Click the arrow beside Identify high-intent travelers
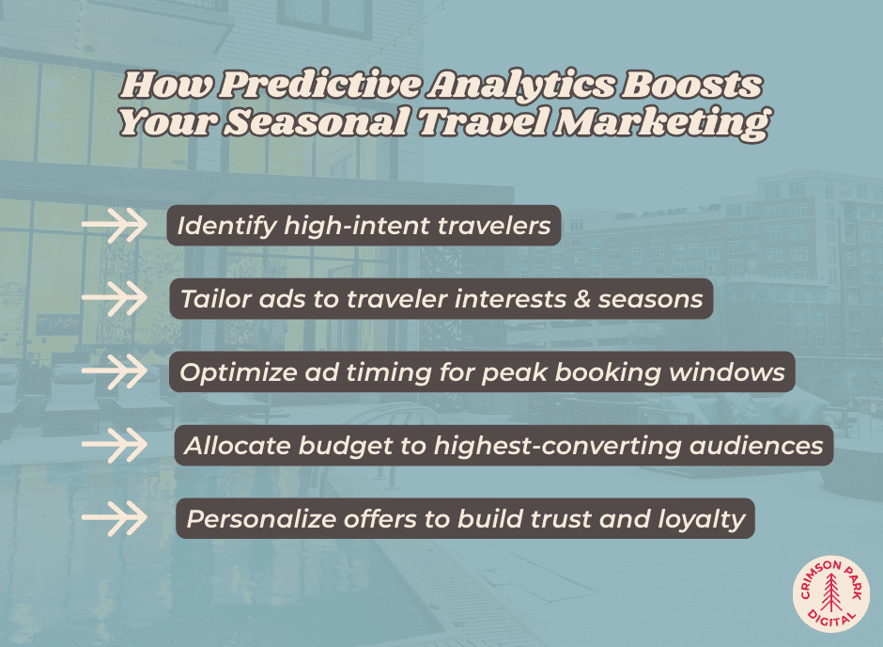115,226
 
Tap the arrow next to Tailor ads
115,298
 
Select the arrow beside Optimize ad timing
115,371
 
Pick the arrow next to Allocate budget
115,445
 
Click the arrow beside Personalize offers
115,517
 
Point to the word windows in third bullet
729,372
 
